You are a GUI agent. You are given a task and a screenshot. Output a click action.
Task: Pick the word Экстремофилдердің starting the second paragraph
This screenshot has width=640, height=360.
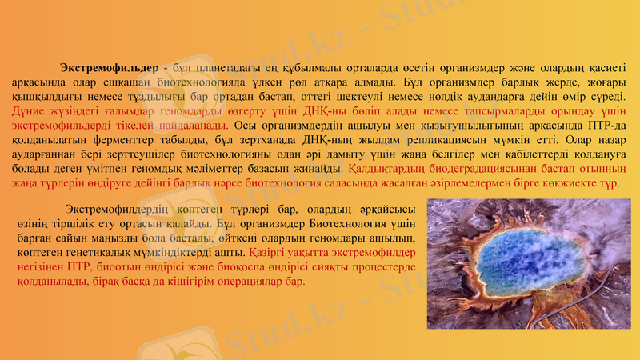(x=120, y=210)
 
